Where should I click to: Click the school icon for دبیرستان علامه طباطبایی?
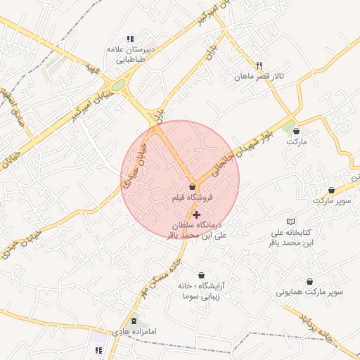[x=129, y=39]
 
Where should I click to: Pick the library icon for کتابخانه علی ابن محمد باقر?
[x=290, y=221]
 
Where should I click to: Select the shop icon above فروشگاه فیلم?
[x=193, y=186]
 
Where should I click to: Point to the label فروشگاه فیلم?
[x=189, y=199]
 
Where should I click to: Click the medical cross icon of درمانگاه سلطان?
[x=195, y=213]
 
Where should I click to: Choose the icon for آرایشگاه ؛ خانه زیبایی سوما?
[x=202, y=275]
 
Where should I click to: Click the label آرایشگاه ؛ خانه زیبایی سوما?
[x=201, y=292]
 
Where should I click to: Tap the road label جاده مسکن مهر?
[x=161, y=271]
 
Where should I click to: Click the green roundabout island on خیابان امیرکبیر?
[x=117, y=86]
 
